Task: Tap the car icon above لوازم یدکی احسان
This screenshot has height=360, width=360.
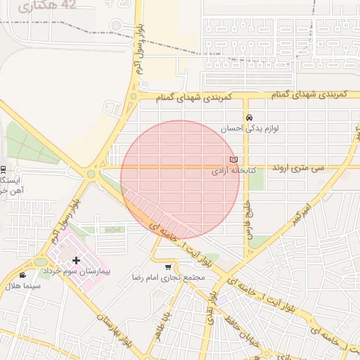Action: coord(249,117)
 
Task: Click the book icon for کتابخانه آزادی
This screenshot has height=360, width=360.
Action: coord(233,160)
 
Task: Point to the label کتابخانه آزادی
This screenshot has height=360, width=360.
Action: coord(233,171)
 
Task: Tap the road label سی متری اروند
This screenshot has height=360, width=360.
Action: coord(319,169)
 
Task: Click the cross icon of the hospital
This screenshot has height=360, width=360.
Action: coord(76,260)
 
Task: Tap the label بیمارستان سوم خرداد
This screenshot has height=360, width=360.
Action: coord(87,271)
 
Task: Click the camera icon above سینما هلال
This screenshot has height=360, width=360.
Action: coord(22,275)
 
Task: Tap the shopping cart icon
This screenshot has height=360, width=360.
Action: coord(167,266)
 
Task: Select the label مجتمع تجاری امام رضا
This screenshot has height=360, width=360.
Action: coord(168,278)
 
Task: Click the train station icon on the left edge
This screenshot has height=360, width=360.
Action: coord(3,169)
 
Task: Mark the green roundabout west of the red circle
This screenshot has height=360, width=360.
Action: coord(91,174)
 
